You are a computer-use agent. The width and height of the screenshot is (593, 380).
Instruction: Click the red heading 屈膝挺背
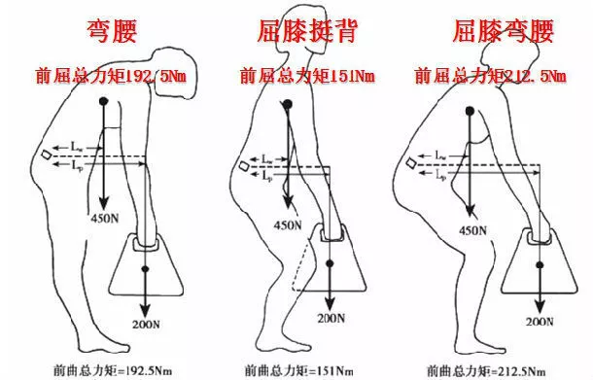pyautogui.click(x=300, y=30)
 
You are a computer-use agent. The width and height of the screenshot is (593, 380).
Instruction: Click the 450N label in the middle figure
pyautogui.click(x=288, y=225)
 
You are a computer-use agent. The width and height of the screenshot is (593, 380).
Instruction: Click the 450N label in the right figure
pyautogui.click(x=472, y=230)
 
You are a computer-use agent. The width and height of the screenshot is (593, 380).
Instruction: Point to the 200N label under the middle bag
pyautogui.click(x=331, y=317)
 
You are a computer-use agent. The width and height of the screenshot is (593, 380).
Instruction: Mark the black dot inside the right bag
pyautogui.click(x=538, y=260)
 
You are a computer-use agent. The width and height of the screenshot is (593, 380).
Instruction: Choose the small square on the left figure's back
pyautogui.click(x=48, y=156)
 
